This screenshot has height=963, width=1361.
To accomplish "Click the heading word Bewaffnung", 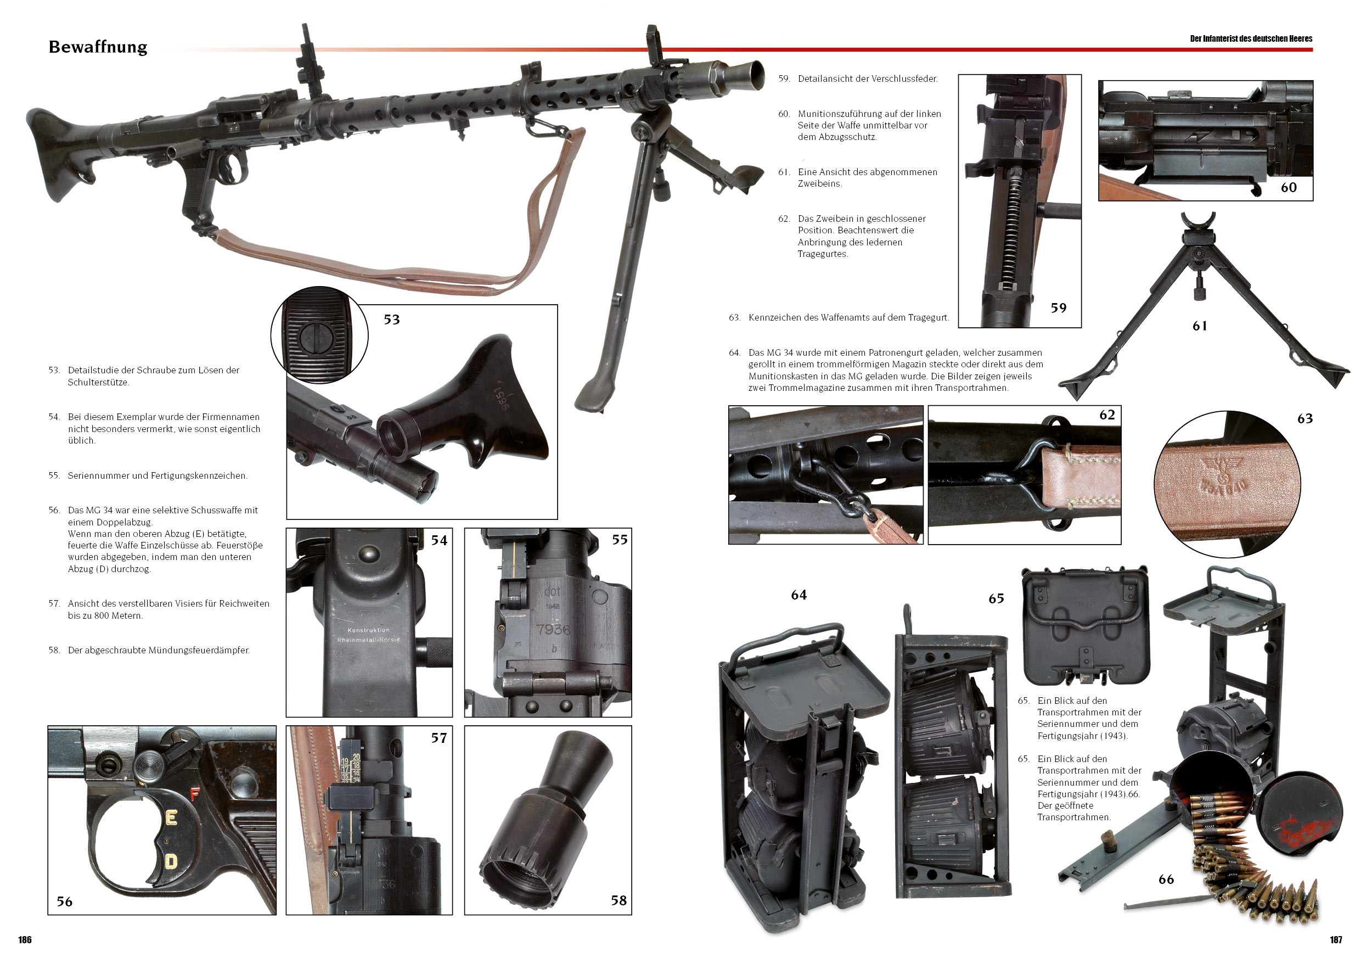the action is pyautogui.click(x=98, y=47).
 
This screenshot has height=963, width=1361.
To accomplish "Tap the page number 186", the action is pyautogui.click(x=25, y=939).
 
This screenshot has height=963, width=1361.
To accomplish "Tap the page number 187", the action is pyautogui.click(x=1336, y=939).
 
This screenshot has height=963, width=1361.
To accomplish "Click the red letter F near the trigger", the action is pyautogui.click(x=194, y=794).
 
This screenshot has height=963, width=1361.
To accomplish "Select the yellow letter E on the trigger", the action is pyautogui.click(x=171, y=818).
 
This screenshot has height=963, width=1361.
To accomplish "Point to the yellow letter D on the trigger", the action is pyautogui.click(x=171, y=861).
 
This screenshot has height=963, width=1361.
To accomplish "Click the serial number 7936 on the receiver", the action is pyautogui.click(x=553, y=629).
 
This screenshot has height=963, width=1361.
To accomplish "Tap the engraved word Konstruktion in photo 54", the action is pyautogui.click(x=369, y=630).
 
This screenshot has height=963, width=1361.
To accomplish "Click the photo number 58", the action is pyautogui.click(x=619, y=900).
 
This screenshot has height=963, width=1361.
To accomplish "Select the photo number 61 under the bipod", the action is pyautogui.click(x=1200, y=326).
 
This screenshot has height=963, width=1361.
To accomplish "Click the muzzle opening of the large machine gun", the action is pyautogui.click(x=756, y=75).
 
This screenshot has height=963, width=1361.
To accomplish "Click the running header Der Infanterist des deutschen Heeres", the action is pyautogui.click(x=1251, y=38).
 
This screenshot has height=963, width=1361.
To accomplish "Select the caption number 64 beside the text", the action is pyautogui.click(x=734, y=353).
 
